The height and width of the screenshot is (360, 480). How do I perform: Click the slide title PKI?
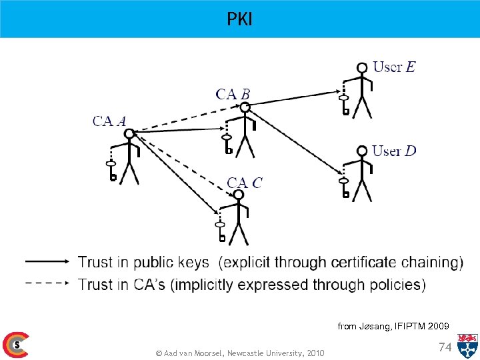[239, 19]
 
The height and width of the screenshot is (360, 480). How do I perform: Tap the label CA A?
[109, 121]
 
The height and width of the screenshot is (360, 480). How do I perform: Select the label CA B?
[233, 94]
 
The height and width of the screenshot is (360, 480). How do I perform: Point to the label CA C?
[245, 183]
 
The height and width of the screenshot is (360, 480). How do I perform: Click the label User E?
[394, 67]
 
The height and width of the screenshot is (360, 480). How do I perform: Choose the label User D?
[394, 151]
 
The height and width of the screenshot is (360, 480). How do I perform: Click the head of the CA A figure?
[129, 133]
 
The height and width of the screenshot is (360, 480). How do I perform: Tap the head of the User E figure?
[362, 67]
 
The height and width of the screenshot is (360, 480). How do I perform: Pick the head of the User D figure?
[362, 151]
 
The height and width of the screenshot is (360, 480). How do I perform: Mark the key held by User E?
[344, 103]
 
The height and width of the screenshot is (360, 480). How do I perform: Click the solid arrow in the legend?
[47, 261]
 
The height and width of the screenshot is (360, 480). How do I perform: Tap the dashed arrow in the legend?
[47, 283]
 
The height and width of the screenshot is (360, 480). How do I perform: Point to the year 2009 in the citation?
[437, 326]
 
